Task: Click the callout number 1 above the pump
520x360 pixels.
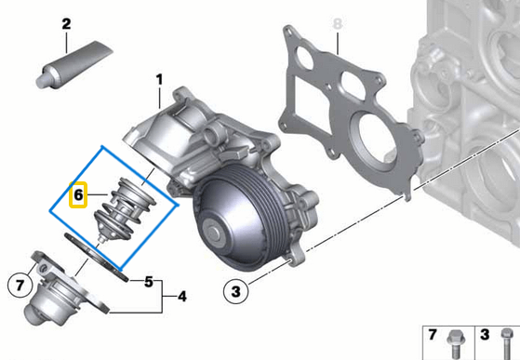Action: pos(158,79)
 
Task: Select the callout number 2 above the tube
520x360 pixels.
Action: pos(66,23)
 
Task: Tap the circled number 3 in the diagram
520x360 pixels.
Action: pos(235,291)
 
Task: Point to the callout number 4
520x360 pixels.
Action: pos(182,298)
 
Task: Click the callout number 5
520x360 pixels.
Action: pos(148,280)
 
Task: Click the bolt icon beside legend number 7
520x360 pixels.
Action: pos(457,339)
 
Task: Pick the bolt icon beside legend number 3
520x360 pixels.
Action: pos(506,339)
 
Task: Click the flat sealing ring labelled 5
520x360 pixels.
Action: pos(97,255)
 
